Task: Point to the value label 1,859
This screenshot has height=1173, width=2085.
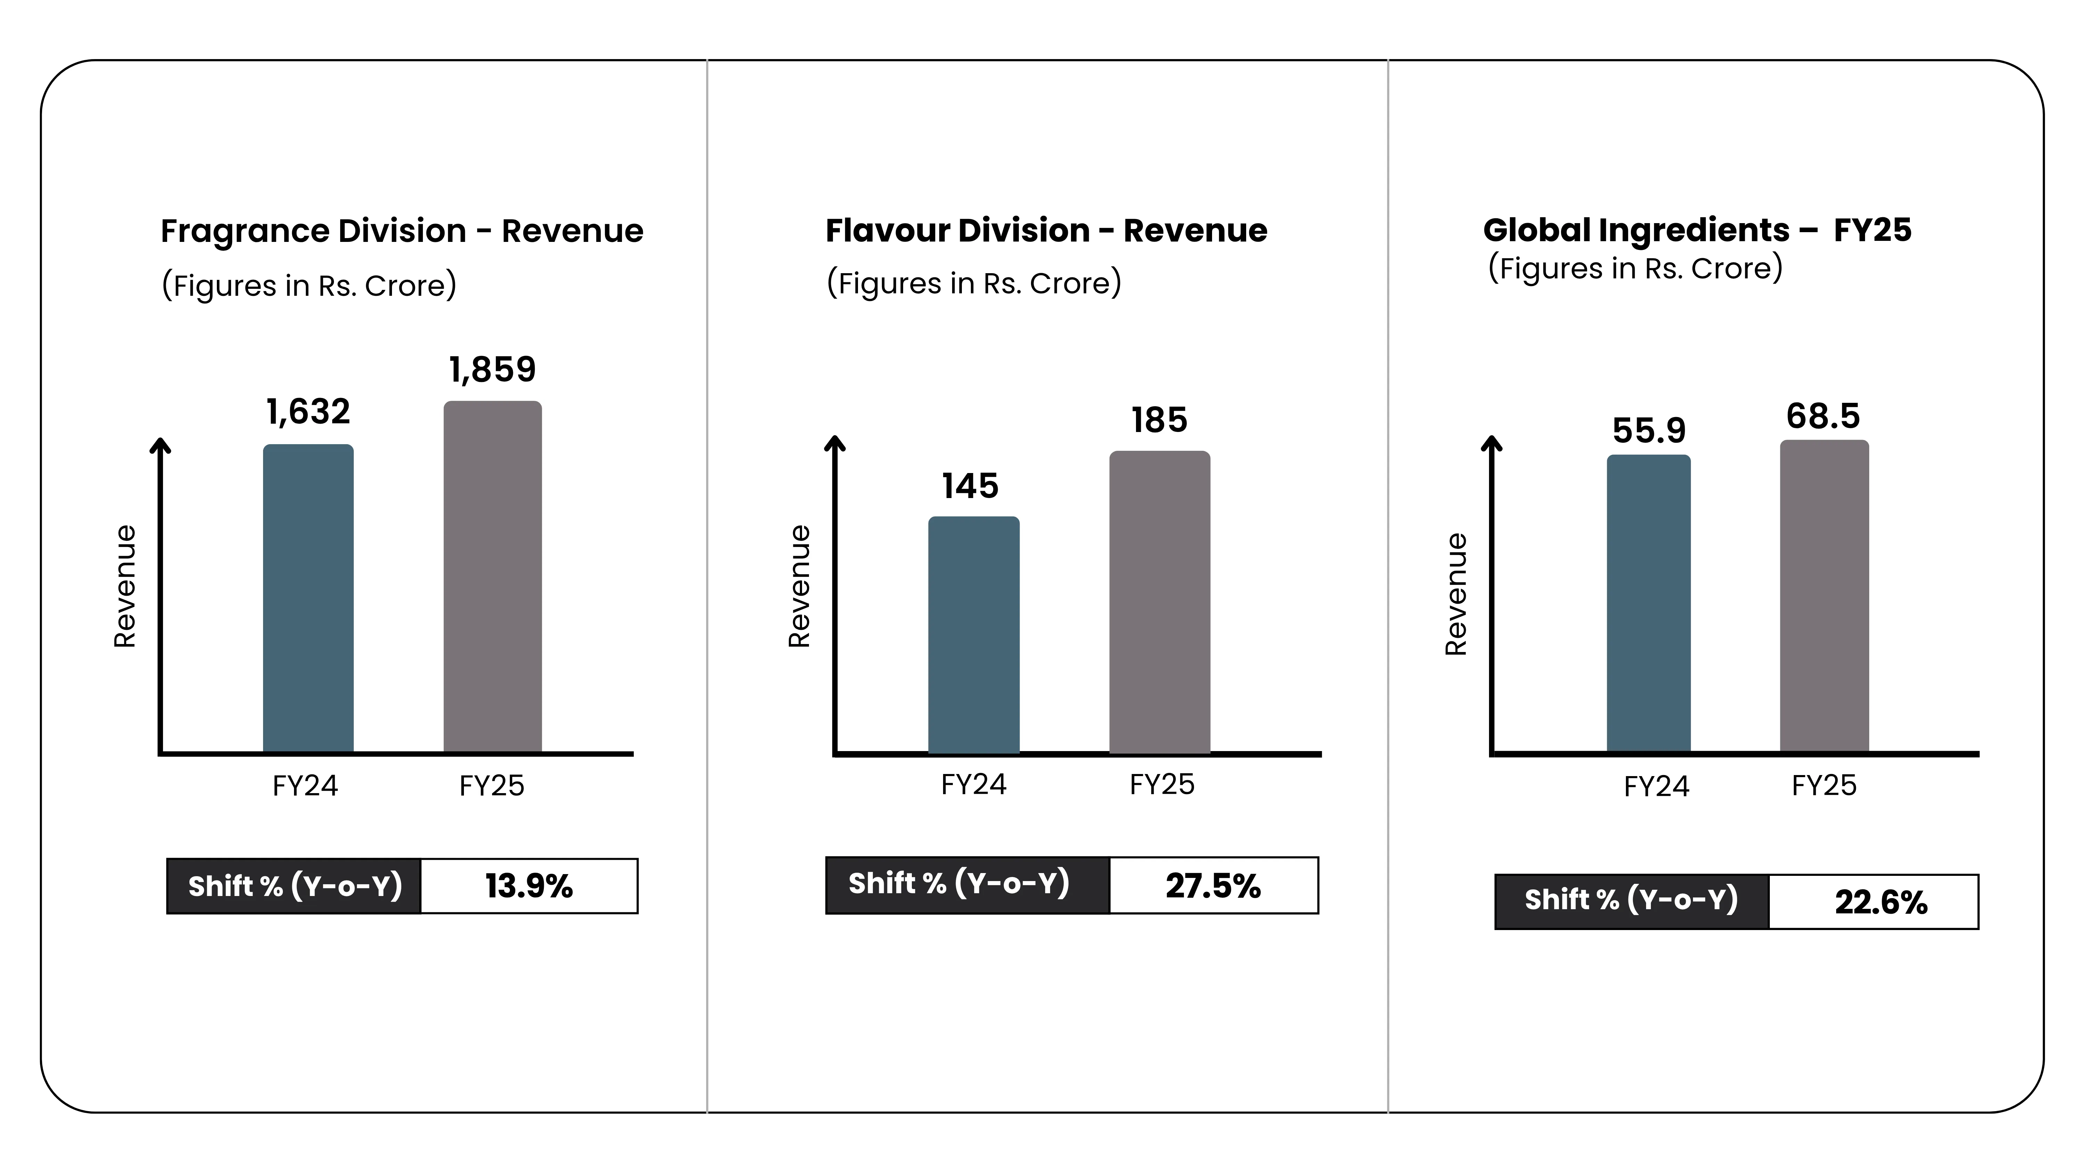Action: click(492, 370)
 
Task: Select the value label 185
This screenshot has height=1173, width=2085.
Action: click(1159, 420)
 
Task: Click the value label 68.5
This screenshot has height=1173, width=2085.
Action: click(1823, 416)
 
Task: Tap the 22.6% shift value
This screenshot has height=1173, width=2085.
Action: click(1880, 902)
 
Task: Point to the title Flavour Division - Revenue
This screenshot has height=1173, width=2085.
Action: click(1046, 231)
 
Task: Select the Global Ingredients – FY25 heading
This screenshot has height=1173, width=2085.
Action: click(1696, 230)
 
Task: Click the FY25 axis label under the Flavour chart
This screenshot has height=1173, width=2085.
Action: click(1161, 784)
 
